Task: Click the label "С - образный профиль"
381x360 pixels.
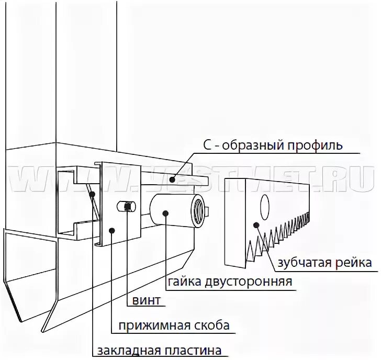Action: click(x=272, y=145)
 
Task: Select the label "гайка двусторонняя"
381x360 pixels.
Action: click(x=230, y=283)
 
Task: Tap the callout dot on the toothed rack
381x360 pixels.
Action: click(x=256, y=225)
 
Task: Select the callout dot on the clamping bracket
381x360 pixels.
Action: click(x=111, y=230)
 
